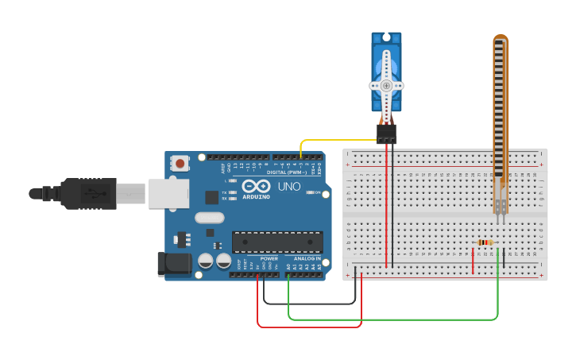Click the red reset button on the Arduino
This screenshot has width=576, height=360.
pos(181,164)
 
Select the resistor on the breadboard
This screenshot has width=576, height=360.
pos(484,242)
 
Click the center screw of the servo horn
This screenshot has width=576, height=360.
pos(386,85)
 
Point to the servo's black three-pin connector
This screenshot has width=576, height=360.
pos(386,134)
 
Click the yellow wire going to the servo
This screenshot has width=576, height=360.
pos(334,140)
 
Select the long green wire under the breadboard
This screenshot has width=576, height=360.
pos(397,319)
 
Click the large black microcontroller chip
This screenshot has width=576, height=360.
pos(277,242)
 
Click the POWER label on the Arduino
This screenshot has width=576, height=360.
pos(269,259)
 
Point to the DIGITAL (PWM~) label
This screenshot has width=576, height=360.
pos(287,172)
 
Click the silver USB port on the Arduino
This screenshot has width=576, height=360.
pos(168,193)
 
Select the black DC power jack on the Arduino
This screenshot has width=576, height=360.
pos(176,265)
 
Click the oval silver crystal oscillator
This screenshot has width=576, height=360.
pos(210,219)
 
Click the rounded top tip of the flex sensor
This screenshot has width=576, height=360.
pos(500,37)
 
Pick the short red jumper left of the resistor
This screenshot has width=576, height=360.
pos(473,260)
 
